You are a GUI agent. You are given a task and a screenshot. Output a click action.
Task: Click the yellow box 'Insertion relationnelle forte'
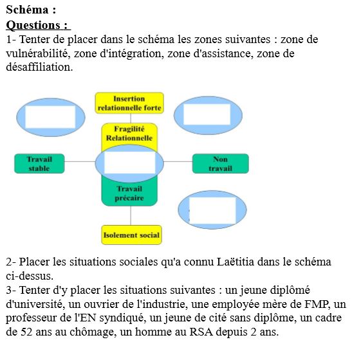click(129, 103)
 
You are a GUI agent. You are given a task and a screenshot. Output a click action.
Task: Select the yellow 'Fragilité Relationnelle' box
click(129, 135)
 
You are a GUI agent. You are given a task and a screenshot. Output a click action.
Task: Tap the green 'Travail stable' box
click(39, 163)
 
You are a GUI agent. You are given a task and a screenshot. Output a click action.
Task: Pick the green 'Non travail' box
click(220, 163)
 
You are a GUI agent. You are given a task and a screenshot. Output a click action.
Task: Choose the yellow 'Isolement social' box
click(131, 235)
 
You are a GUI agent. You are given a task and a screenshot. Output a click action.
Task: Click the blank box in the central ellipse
click(129, 163)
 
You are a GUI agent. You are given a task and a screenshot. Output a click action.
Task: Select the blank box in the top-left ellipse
click(50, 117)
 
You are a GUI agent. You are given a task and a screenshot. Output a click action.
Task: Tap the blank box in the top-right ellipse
click(207, 114)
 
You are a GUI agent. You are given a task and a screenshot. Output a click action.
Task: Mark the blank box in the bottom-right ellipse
click(212, 210)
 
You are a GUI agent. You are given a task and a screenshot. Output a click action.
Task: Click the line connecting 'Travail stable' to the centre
click(80, 161)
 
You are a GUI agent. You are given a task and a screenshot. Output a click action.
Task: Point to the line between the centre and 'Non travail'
click(178, 161)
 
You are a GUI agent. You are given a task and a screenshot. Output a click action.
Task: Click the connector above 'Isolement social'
click(131, 215)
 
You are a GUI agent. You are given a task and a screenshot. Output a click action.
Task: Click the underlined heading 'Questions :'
click(38, 25)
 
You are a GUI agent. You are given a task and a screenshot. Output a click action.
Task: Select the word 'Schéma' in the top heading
click(27, 10)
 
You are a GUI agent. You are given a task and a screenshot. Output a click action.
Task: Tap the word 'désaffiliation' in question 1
click(39, 67)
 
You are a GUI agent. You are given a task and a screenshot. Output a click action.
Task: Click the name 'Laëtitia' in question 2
click(235, 262)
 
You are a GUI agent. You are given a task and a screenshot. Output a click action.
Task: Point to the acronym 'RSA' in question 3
click(201, 332)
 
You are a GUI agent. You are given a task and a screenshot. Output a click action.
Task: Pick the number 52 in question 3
click(26, 332)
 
